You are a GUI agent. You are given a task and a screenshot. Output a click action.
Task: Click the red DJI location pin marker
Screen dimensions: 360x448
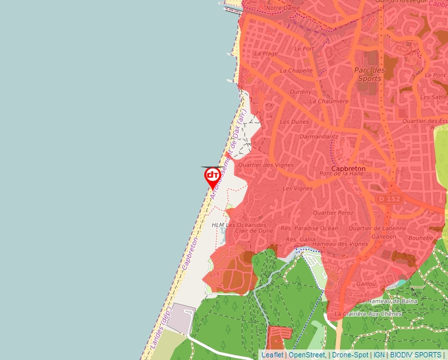coord(212,177)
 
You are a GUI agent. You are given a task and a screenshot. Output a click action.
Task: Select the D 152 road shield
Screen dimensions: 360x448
coord(390,198)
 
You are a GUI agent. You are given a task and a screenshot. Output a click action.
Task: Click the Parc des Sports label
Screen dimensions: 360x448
coord(369,74)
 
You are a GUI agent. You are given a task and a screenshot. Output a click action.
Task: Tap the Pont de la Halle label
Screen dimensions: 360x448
coord(341,174)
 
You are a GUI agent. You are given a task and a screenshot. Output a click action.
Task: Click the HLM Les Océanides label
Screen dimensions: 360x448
coord(230,225)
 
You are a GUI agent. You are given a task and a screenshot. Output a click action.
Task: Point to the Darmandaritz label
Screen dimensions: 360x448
coord(318,137)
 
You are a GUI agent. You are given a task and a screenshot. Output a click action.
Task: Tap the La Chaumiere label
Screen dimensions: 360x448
coord(329,101)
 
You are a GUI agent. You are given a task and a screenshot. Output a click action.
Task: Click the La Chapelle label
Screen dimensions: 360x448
coord(296,70)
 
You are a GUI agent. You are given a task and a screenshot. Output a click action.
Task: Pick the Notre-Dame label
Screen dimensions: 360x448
coord(283,8)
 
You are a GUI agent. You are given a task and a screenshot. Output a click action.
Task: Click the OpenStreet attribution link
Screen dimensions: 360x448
coord(306,355)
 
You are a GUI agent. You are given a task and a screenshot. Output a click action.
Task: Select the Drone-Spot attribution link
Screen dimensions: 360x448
coord(350,355)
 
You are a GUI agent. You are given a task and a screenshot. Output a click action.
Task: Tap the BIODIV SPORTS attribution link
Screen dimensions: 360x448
coord(415,355)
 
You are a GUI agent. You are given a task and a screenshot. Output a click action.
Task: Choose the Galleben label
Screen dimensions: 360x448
coord(384,235)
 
